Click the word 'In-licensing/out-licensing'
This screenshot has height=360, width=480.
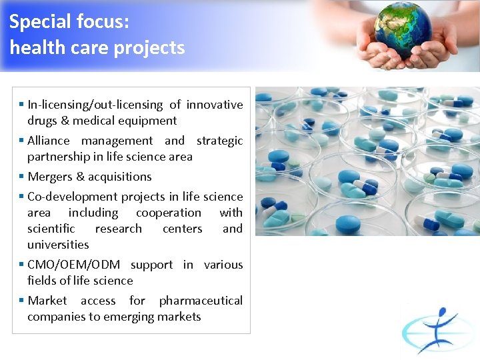[x=95, y=105]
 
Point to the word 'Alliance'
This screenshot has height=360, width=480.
[x=48, y=141]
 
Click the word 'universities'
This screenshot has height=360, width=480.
[x=58, y=245]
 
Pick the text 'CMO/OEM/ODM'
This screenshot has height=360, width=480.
[x=73, y=265]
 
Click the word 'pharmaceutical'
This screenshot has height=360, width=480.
[x=201, y=301]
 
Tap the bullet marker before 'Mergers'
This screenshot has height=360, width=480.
[x=22, y=177]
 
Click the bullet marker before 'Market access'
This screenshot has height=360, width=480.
[x=22, y=301]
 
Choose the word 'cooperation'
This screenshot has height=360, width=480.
[x=168, y=213]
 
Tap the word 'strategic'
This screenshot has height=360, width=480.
[x=219, y=141]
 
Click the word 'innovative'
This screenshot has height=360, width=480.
[x=215, y=105]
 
